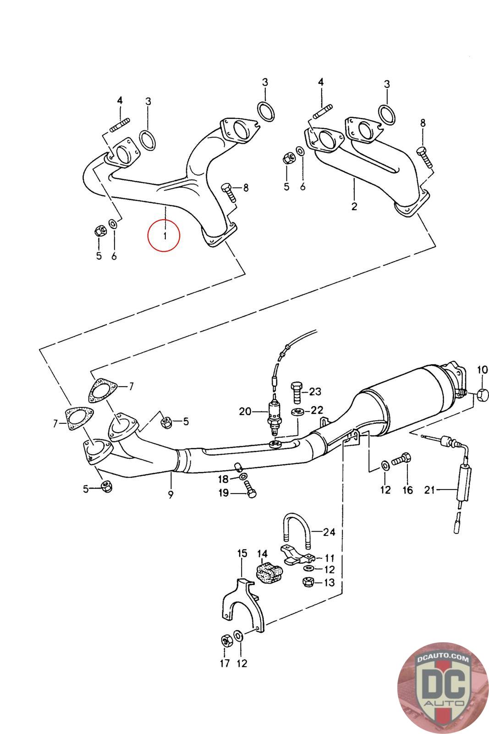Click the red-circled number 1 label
pos(164,236)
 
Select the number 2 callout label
pos(354,206)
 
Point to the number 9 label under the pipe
pos(170,495)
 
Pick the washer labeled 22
pos(298,411)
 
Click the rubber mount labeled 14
pos(269,573)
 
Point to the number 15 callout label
pos(242,553)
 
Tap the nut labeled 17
pos(225,640)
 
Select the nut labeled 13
pos(308,583)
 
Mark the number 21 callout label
pos(429,490)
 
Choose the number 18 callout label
pos(223,479)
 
